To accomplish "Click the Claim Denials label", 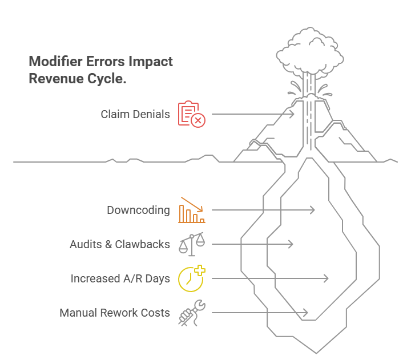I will [135, 114].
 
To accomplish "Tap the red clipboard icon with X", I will [191, 114].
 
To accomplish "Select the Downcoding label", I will [138, 210].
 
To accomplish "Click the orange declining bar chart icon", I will [191, 210].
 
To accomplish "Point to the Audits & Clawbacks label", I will [120, 244].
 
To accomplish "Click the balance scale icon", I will [191, 244].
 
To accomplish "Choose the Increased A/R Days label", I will [120, 278].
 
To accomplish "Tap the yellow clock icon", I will [191, 278].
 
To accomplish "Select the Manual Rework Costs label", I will [115, 313].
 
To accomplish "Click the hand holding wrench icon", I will [191, 313].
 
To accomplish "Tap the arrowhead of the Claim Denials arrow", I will [292, 114].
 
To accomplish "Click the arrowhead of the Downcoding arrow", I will [312, 210].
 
